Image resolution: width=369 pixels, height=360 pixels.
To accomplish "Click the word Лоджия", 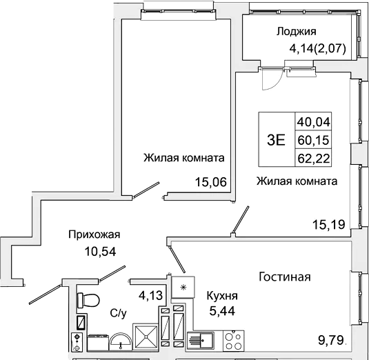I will pyautogui.click(x=296, y=31).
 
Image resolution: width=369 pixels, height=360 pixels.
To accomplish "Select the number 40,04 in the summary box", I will pyautogui.click(x=314, y=122).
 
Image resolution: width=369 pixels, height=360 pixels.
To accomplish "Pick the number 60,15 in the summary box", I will pyautogui.click(x=314, y=140).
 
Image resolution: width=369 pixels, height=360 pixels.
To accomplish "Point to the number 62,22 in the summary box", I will pyautogui.click(x=314, y=157).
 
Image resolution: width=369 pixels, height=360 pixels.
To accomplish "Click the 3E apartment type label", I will pyautogui.click(x=276, y=139).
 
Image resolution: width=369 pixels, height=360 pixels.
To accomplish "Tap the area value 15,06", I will pyautogui.click(x=210, y=182).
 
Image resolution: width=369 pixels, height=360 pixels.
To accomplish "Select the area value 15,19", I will pyautogui.click(x=328, y=223).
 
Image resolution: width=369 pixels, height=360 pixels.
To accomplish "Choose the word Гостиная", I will pyautogui.click(x=285, y=277).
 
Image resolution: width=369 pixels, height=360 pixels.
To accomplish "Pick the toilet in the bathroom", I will pyautogui.click(x=88, y=300).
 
